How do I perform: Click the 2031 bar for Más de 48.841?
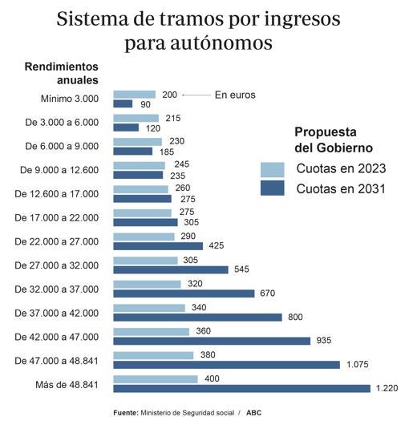point(241,388)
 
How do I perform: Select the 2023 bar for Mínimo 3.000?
point(134,95)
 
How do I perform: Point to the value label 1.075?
point(357,365)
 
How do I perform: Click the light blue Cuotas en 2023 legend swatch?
point(273,169)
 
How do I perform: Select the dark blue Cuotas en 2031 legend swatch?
point(273,188)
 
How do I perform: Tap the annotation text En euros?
point(235,95)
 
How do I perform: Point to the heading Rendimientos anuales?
point(61,73)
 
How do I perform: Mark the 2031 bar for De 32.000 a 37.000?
point(184,293)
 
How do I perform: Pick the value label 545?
point(242,269)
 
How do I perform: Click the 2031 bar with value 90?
point(123,103)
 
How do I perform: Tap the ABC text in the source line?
point(253,412)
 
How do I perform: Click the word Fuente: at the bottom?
point(125,412)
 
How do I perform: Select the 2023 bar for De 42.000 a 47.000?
point(151,331)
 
